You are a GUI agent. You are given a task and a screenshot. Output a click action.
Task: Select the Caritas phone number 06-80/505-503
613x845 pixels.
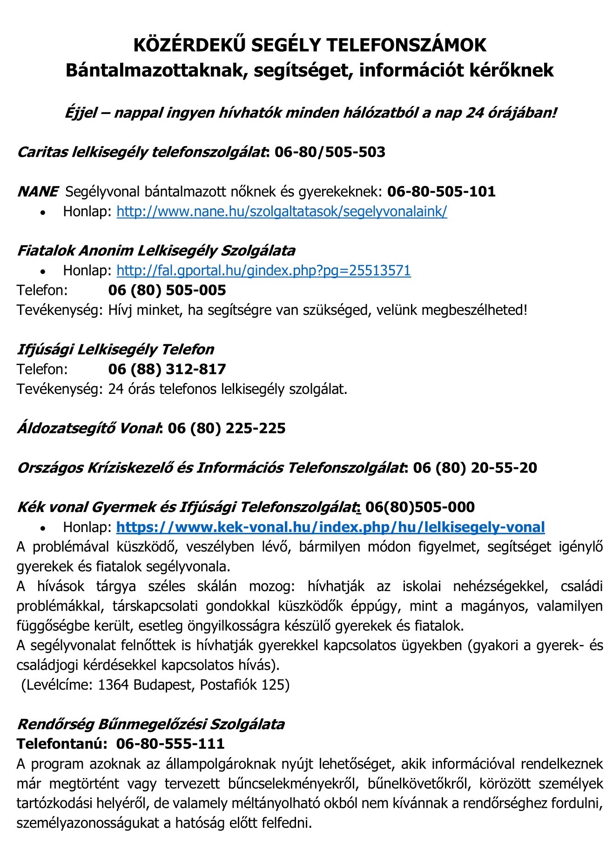pyautogui.click(x=330, y=152)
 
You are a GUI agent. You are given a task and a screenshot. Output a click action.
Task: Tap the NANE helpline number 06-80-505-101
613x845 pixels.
pyautogui.click(x=441, y=191)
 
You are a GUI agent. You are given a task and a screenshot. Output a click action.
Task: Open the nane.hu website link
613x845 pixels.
pyautogui.click(x=282, y=212)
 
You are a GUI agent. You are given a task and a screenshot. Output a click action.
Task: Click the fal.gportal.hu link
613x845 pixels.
pyautogui.click(x=263, y=270)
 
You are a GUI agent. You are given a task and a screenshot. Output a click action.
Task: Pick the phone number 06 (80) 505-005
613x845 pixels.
pyautogui.click(x=167, y=290)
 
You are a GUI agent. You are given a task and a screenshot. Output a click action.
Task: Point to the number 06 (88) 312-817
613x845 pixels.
pyautogui.click(x=167, y=369)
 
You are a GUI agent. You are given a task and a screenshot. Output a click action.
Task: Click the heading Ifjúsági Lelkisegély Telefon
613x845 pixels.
pyautogui.click(x=115, y=349)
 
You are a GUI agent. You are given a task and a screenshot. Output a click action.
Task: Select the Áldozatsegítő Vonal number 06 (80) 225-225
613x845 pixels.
pyautogui.click(x=227, y=428)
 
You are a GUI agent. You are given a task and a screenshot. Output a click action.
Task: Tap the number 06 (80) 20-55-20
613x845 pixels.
pyautogui.click(x=475, y=467)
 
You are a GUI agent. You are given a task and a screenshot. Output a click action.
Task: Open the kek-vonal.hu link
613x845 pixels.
pyautogui.click(x=330, y=527)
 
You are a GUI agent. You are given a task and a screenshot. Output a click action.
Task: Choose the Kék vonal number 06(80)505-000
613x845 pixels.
pyautogui.click(x=420, y=507)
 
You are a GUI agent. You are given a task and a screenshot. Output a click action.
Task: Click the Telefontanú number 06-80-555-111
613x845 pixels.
pyautogui.click(x=170, y=744)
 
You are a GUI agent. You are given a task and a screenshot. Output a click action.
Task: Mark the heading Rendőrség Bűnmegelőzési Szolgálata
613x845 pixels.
pyautogui.click(x=151, y=724)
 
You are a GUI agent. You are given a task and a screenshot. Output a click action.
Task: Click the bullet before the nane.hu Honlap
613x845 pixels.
pyautogui.click(x=43, y=213)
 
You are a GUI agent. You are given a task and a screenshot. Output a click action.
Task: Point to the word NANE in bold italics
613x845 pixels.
pyautogui.click(x=38, y=191)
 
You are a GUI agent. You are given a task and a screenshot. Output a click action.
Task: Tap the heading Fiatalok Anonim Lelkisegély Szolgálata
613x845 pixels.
pyautogui.click(x=156, y=251)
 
